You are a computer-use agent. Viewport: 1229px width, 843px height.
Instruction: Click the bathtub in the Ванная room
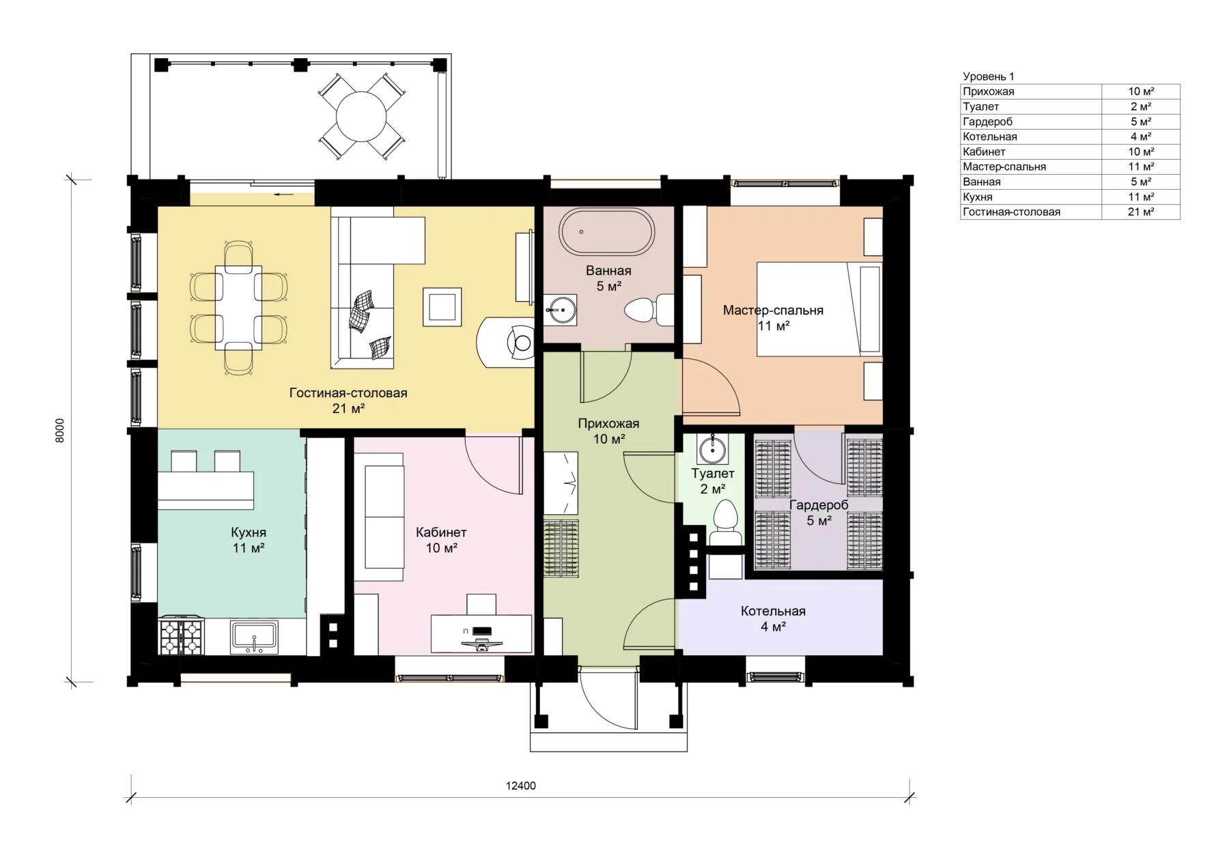(x=606, y=232)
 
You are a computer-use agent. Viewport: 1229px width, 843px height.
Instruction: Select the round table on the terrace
(x=362, y=116)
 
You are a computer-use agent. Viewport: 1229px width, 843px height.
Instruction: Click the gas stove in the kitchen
(x=182, y=636)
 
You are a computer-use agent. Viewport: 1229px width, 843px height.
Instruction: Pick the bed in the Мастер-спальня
(x=819, y=309)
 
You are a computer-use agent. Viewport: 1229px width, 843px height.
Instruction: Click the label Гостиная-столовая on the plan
(x=348, y=393)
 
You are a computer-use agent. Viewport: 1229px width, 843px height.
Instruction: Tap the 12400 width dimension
(x=521, y=786)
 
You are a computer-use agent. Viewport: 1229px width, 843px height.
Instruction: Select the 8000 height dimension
(x=60, y=431)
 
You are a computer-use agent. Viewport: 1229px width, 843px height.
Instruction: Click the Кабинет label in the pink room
(x=441, y=532)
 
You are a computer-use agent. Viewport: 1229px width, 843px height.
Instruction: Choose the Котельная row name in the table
(x=990, y=137)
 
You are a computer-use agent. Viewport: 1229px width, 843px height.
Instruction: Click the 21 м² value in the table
(x=1141, y=212)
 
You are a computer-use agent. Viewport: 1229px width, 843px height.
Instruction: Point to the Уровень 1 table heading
(x=989, y=76)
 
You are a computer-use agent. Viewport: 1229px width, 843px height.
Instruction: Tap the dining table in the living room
(x=238, y=308)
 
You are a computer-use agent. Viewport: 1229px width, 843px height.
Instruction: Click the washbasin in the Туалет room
(x=713, y=448)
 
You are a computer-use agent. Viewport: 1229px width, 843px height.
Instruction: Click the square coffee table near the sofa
(x=442, y=306)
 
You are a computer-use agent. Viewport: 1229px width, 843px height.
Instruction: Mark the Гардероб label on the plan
(x=819, y=505)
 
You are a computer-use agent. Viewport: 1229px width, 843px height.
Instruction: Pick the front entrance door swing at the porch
(x=607, y=702)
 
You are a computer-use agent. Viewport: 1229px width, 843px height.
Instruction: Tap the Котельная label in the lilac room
(x=773, y=611)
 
